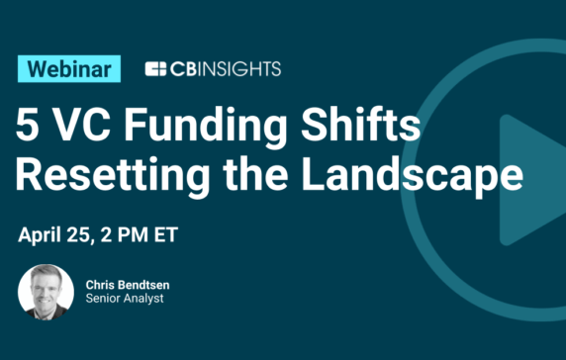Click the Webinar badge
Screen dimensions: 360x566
pyautogui.click(x=69, y=68)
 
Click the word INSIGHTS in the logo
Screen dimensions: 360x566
pyautogui.click(x=237, y=69)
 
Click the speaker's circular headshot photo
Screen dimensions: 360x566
pyautogui.click(x=46, y=292)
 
